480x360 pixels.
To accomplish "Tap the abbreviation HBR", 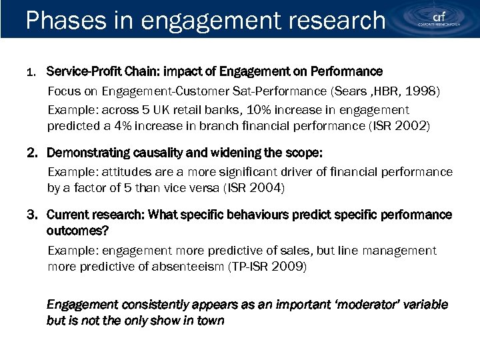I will click(389, 91).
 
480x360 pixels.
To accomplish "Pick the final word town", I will click(210, 321).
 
